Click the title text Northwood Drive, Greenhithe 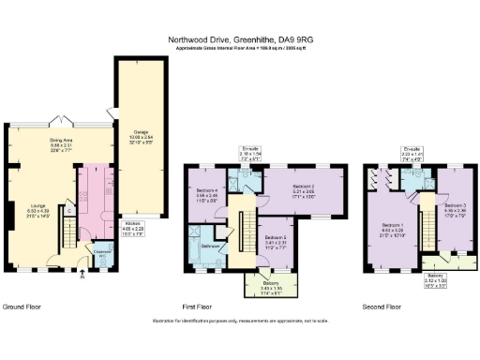point(239,40)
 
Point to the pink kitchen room point(95,197)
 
